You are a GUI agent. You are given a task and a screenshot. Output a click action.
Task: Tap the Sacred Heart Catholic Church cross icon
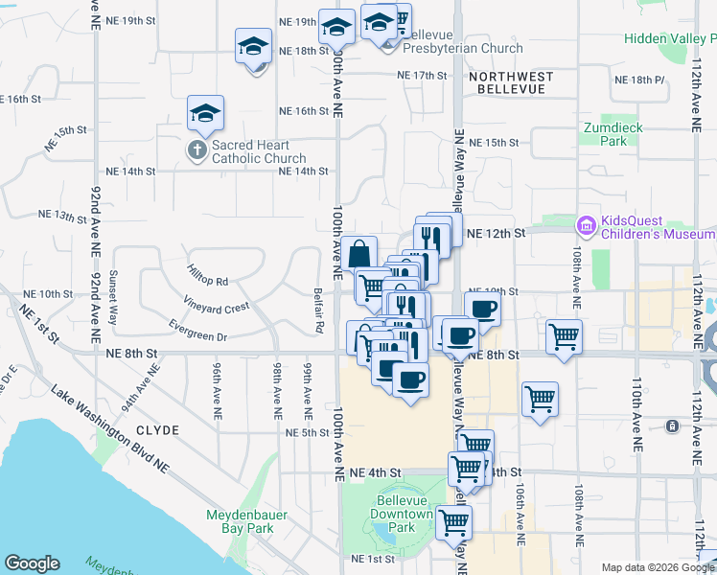coord(197,150)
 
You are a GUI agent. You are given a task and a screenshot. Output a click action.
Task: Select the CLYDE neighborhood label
coord(157,430)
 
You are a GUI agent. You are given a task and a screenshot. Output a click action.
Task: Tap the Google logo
coord(32,563)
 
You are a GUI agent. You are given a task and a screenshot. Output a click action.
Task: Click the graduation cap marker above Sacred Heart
coord(205,114)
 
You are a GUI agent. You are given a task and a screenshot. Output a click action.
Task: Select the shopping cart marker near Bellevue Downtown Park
coord(453,522)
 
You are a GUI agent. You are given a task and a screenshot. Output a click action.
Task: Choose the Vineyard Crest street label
coord(218,308)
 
